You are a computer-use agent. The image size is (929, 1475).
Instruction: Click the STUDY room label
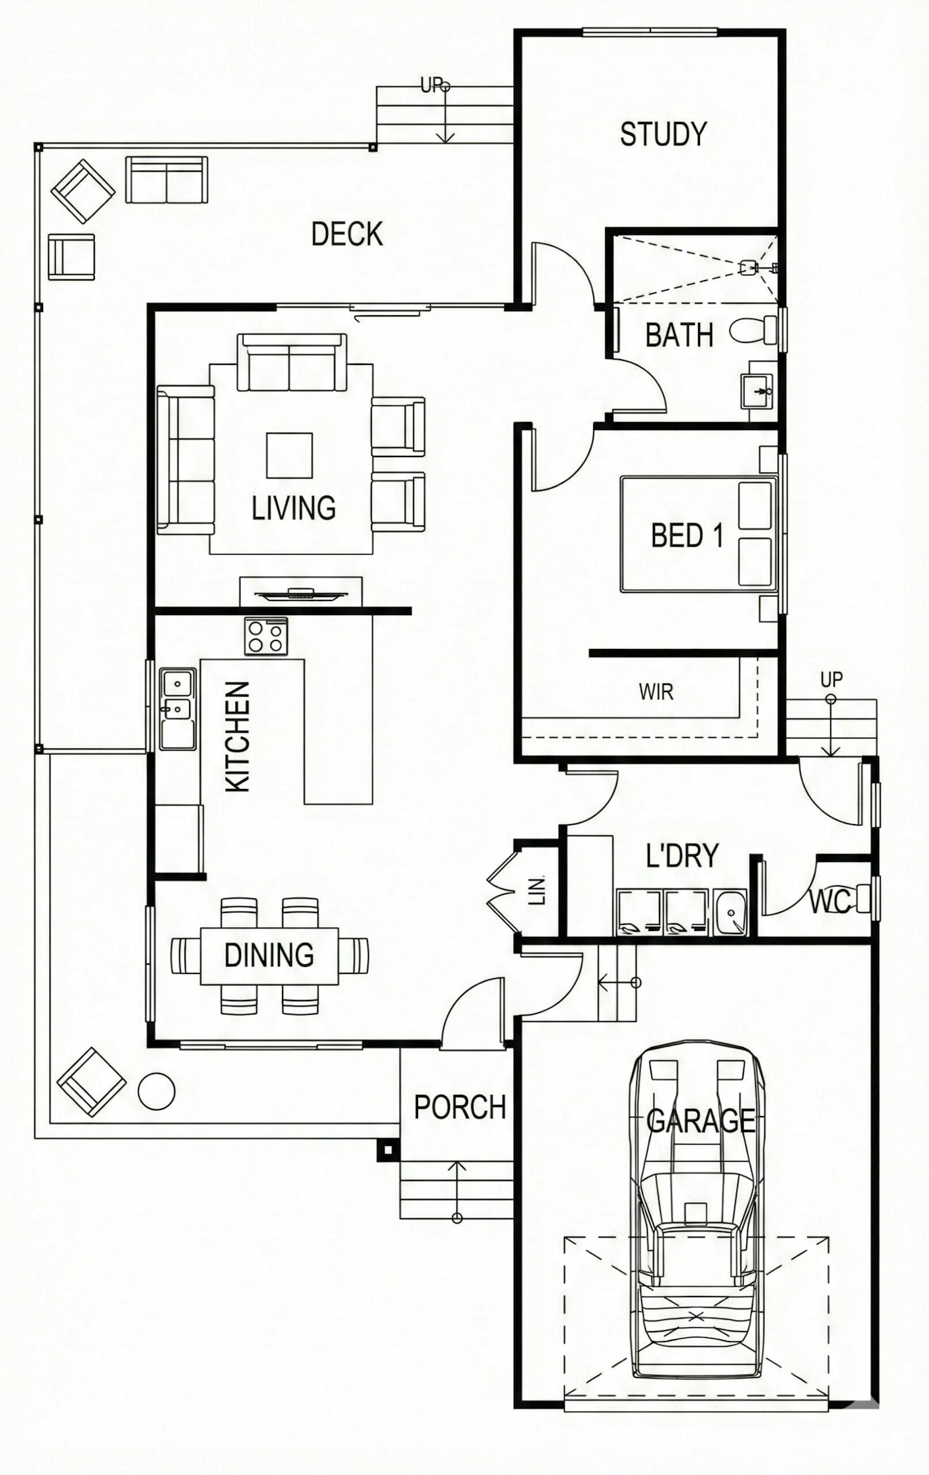pos(663,134)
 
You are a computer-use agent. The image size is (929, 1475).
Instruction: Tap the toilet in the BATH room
pos(754,330)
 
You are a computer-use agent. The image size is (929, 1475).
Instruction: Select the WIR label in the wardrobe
pos(656,692)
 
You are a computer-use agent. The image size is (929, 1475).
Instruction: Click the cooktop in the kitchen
pos(266,636)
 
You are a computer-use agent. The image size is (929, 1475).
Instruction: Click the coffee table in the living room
pos(289,455)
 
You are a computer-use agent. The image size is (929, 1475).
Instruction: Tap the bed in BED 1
pos(697,534)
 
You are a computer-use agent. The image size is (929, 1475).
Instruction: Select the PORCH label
pos(459,1107)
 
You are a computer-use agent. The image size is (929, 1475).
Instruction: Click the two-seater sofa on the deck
pos(167,180)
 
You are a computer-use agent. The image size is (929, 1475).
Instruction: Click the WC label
pos(829,901)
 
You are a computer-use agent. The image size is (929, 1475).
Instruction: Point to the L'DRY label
pos(681,856)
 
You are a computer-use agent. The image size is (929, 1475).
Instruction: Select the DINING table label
pos(269,955)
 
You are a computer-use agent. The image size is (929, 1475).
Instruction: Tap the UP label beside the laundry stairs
pos(831,679)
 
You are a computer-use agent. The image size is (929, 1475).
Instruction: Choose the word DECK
pos(347,234)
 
